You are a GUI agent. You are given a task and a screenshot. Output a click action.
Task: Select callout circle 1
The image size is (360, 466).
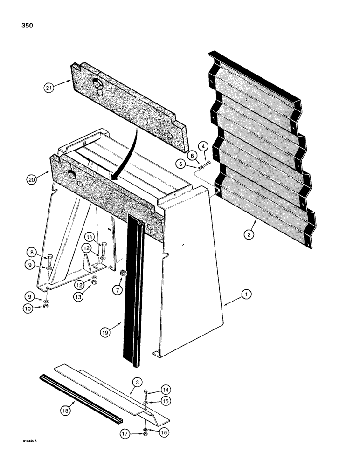[246, 294]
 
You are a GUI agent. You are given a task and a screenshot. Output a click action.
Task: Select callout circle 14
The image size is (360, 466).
[166, 390]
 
